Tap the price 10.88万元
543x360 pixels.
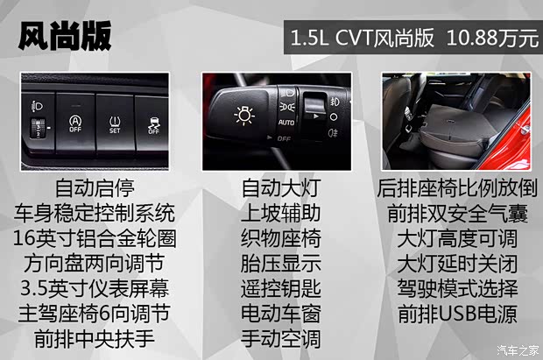pos(492,39)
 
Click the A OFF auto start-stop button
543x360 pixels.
pos(75,124)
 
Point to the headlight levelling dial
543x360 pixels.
pos(39,124)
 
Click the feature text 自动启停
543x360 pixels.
pos(95,187)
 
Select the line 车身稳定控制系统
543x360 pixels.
pos(95,212)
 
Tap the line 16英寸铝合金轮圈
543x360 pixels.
pos(95,237)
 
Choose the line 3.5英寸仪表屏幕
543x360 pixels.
pos(95,288)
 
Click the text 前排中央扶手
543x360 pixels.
pos(95,338)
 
